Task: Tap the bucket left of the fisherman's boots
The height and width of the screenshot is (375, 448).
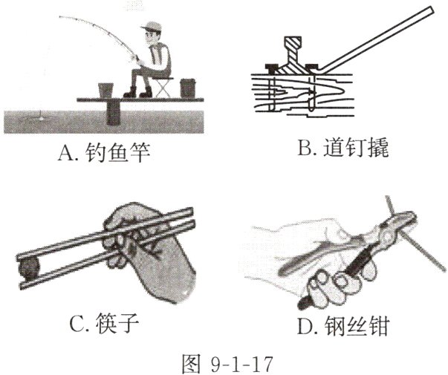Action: click(106, 88)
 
